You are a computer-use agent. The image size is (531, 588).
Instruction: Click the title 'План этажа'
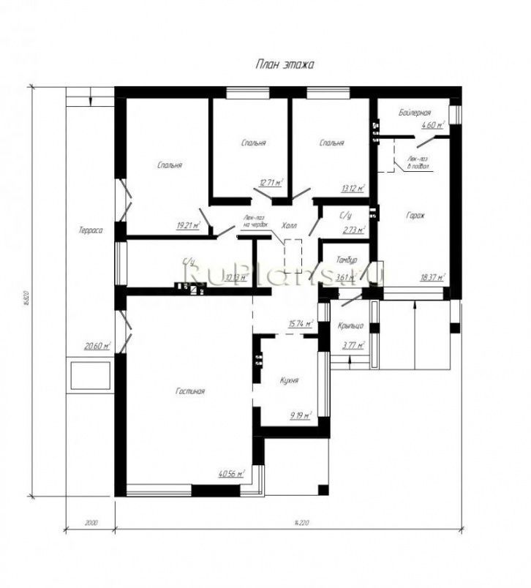pos(284,64)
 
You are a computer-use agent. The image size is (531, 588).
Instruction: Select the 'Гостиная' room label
pos(189,391)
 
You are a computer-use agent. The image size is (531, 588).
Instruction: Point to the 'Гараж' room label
pos(415,216)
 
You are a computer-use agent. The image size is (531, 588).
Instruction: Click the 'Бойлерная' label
pos(414,113)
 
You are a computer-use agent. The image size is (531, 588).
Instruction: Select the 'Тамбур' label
pos(346,260)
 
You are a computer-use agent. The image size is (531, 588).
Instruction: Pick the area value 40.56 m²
pos(231,473)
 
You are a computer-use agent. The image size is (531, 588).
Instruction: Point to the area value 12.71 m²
pos(271,183)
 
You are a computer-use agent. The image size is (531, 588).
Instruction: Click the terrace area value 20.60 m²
pos(97,347)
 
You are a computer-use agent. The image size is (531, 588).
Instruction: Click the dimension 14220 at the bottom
pos(298,522)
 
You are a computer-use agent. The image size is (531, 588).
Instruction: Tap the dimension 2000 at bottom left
pos(91,522)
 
